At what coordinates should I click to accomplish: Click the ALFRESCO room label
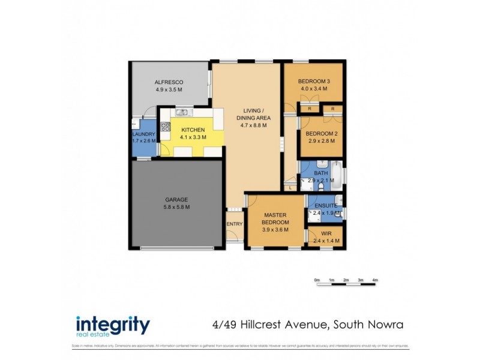(169, 82)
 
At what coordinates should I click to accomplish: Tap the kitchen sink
(182, 112)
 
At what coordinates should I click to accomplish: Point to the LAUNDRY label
(143, 134)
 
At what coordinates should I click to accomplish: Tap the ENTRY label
(235, 224)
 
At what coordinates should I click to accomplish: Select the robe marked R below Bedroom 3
(310, 109)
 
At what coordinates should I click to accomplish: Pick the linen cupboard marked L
(290, 187)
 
